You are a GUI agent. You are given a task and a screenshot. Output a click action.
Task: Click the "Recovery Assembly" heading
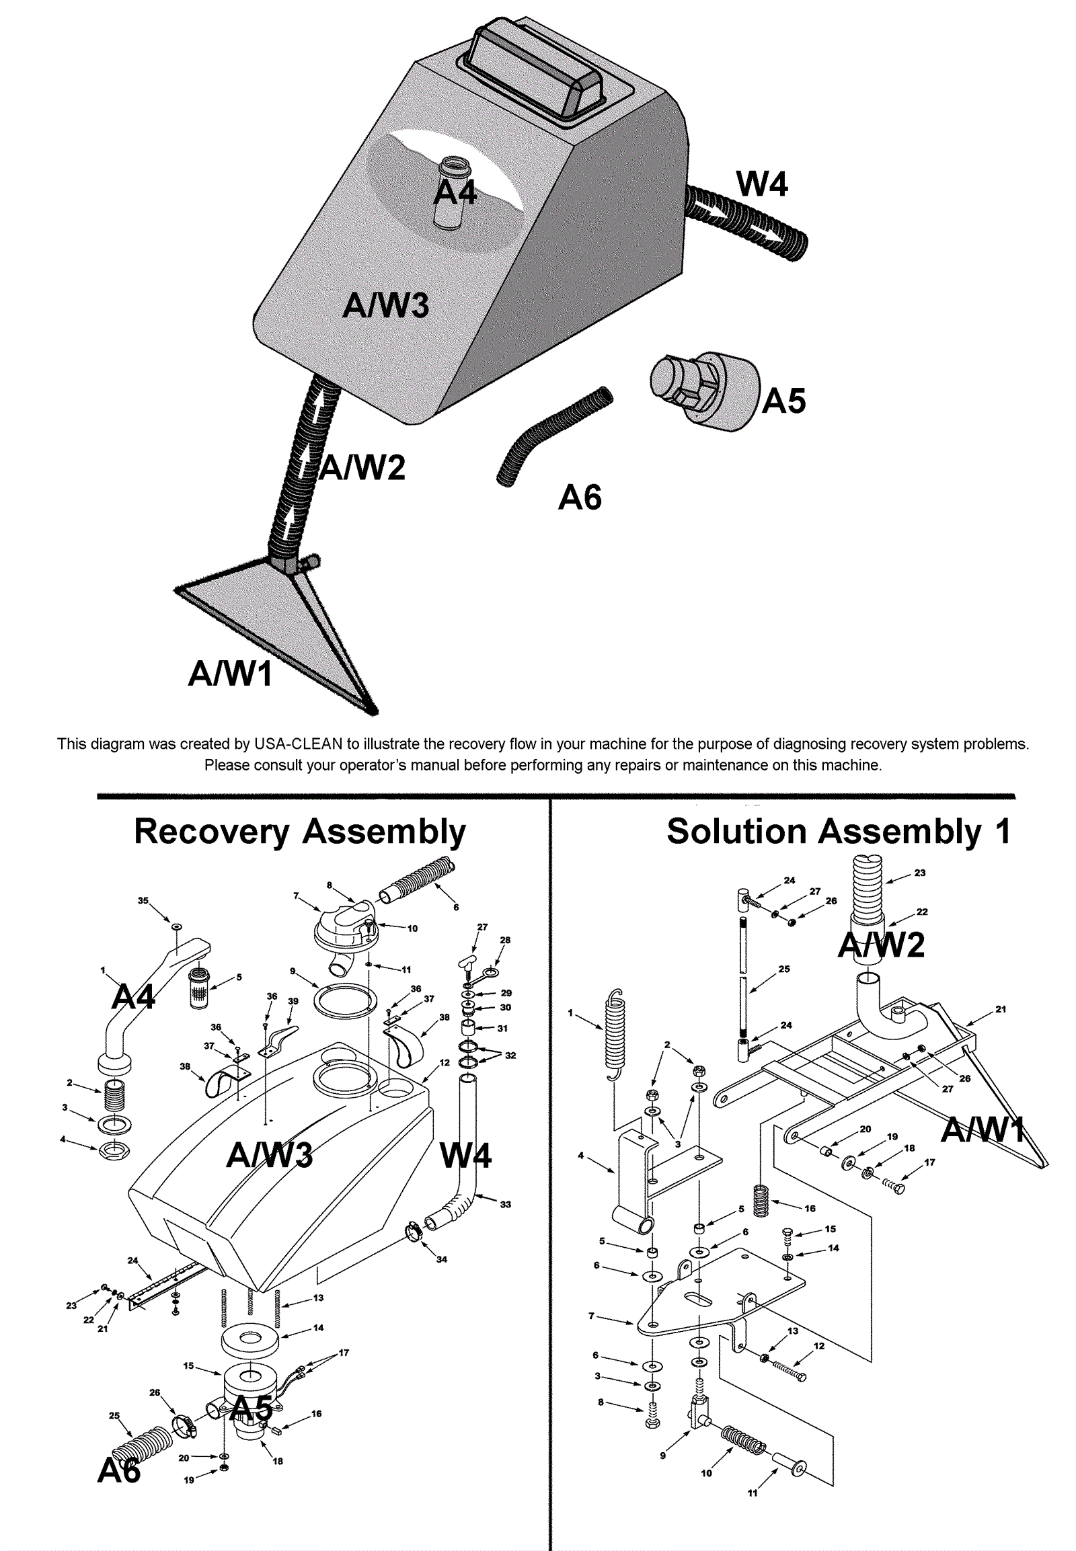click(x=299, y=832)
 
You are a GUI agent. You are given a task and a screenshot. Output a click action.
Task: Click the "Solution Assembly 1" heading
click(x=839, y=832)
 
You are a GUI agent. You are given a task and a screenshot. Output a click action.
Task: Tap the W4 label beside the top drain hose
click(x=762, y=184)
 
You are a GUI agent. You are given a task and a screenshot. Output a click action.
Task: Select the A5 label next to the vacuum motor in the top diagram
click(x=784, y=401)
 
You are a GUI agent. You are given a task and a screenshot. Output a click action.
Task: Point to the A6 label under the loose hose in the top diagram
click(x=580, y=498)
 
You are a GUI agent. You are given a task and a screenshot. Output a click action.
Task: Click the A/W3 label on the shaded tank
click(x=385, y=305)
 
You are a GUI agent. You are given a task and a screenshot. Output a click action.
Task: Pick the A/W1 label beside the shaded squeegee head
click(x=230, y=674)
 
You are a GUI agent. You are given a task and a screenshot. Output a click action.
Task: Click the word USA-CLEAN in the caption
click(x=298, y=744)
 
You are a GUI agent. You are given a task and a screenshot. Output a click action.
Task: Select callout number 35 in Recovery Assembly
click(x=143, y=900)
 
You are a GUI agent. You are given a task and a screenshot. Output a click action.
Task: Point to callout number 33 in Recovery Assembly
click(x=506, y=1205)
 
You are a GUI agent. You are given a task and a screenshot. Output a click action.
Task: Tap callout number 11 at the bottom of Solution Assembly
click(x=753, y=1512)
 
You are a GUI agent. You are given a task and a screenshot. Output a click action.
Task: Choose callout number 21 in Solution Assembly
click(x=1001, y=1009)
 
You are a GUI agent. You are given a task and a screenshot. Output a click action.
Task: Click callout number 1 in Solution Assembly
click(x=570, y=1012)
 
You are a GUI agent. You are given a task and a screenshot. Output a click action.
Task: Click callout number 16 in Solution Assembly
click(x=810, y=1209)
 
